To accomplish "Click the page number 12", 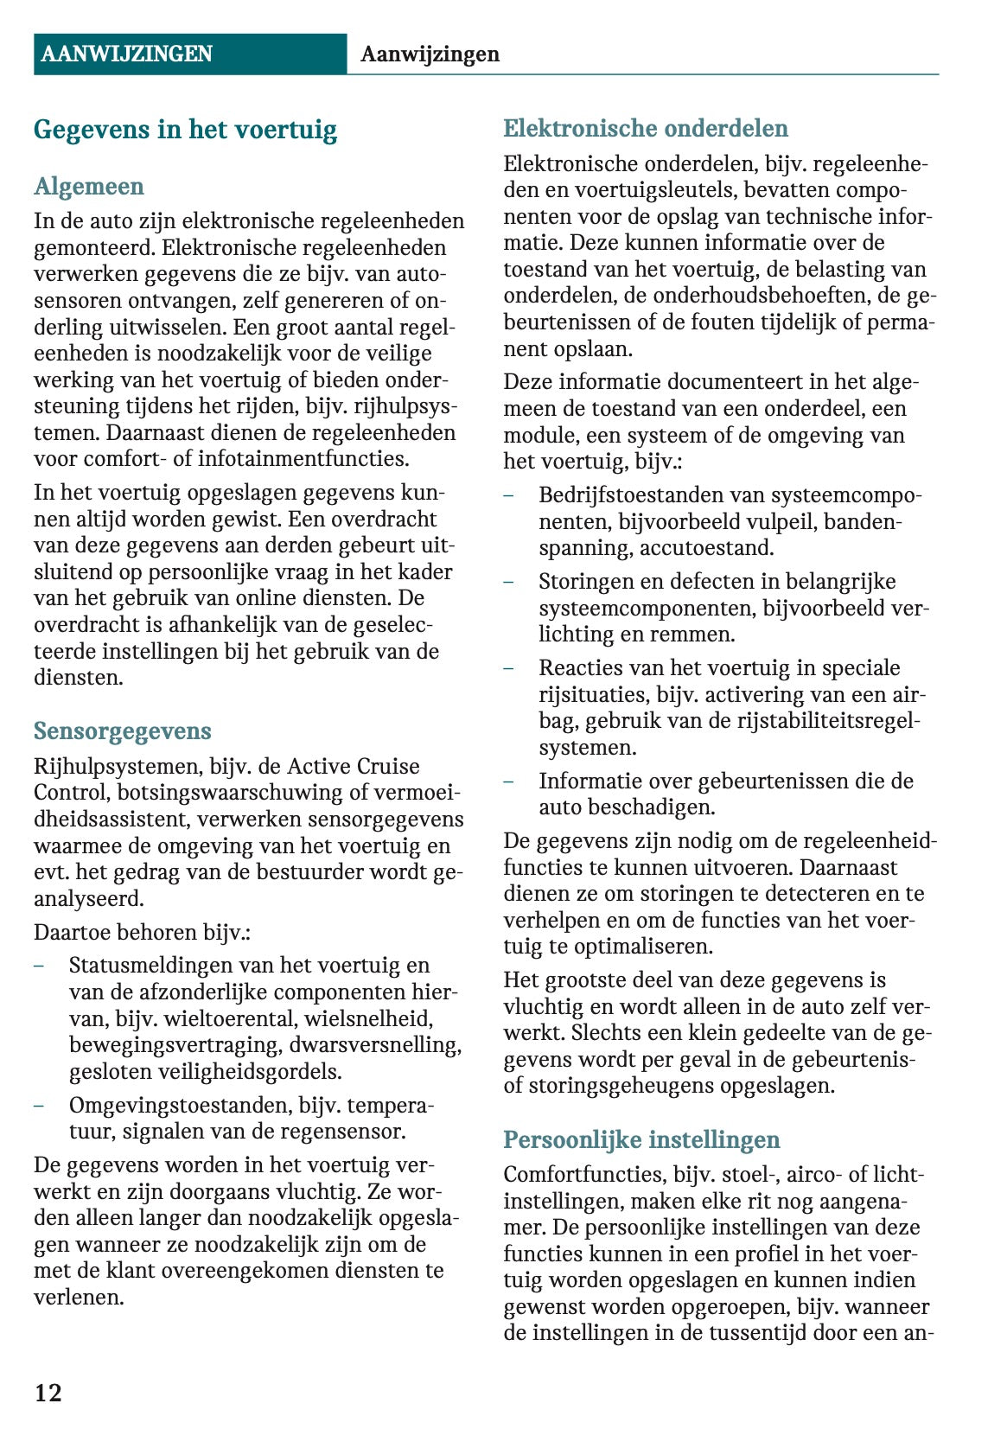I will click(x=48, y=1392).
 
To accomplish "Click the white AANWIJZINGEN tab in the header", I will click(x=126, y=54).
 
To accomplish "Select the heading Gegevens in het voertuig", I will click(x=185, y=130).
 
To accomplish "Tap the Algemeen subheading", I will click(x=88, y=187).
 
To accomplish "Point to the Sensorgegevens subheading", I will click(x=122, y=731).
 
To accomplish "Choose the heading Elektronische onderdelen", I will click(x=646, y=129).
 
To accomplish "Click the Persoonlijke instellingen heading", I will click(x=641, y=1139).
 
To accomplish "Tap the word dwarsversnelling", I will click(x=374, y=1045).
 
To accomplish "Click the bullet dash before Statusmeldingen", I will click(x=40, y=966).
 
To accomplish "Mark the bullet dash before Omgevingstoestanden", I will click(x=40, y=1106).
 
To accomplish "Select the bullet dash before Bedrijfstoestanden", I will click(x=509, y=495).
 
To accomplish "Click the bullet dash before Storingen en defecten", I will click(x=509, y=582).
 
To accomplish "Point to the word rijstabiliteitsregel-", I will click(x=831, y=721).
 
